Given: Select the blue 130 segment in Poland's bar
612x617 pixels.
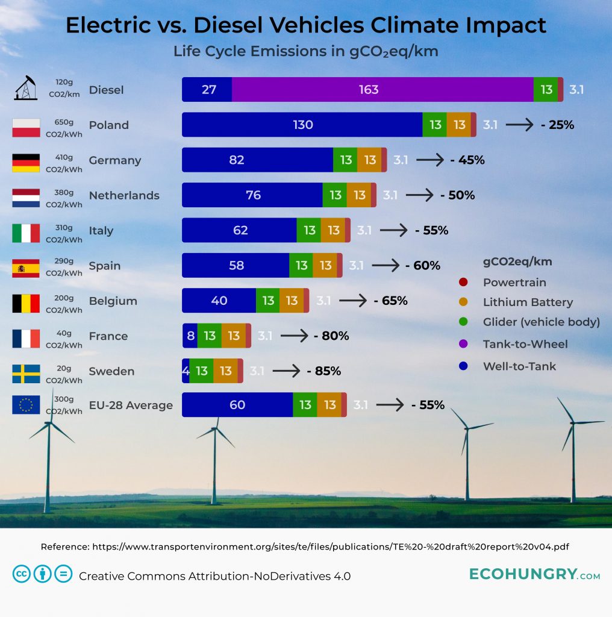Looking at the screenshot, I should tap(302, 125).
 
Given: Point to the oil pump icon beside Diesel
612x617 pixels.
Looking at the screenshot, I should tap(26, 89).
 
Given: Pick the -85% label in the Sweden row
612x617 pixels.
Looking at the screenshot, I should tap(323, 371).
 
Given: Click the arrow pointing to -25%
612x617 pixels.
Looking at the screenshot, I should tap(519, 125).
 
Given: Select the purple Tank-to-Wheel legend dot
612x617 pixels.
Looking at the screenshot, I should tap(463, 345).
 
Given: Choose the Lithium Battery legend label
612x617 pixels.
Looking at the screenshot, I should tap(528, 302).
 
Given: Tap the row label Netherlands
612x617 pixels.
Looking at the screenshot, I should tap(124, 195).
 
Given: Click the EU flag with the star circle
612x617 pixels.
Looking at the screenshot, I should tap(26, 405).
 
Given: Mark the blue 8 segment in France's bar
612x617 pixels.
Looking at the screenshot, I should tap(190, 336).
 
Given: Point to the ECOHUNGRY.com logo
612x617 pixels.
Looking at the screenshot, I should tap(534, 575).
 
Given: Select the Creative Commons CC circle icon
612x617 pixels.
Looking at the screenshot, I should tap(22, 574).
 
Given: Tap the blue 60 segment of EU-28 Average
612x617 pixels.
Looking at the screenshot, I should tap(237, 405).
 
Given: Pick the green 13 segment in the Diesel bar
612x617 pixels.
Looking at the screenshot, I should tap(546, 90).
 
